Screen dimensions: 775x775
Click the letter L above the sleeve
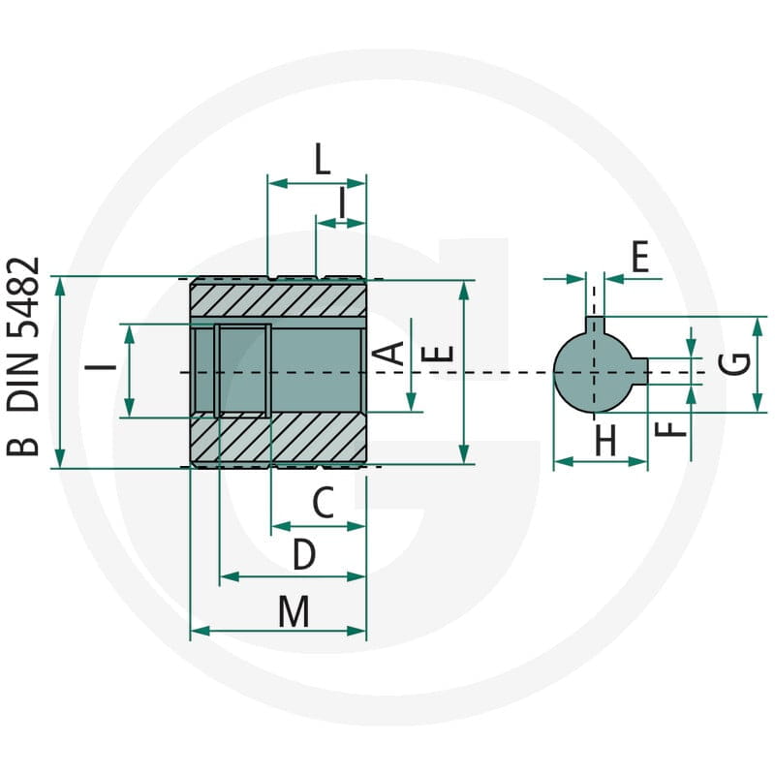[323, 159]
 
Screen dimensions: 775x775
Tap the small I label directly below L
[342, 202]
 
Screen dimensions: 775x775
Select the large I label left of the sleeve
[101, 367]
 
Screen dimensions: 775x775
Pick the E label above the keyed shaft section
[640, 257]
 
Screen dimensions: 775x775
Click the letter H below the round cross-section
[605, 440]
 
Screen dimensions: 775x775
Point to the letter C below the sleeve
[324, 503]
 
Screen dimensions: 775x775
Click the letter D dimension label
[304, 554]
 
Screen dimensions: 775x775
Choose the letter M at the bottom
[294, 611]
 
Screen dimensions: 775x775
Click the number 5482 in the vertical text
[22, 297]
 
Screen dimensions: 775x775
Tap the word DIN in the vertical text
[22, 382]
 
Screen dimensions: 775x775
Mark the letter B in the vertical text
[22, 440]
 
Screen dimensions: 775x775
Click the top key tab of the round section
[595, 325]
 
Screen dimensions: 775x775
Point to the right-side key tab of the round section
[640, 371]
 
